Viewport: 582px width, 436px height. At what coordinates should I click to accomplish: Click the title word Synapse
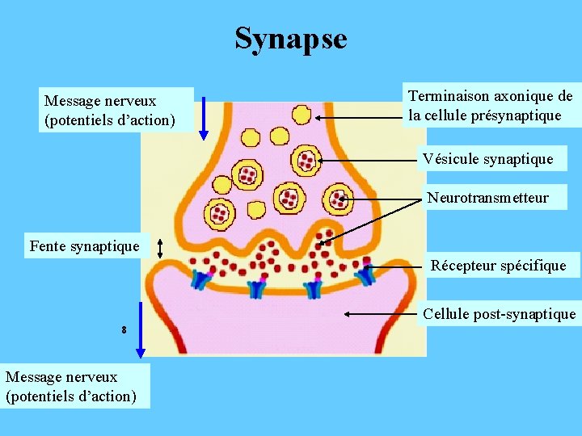291,38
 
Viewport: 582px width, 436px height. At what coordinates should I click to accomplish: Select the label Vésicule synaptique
487,159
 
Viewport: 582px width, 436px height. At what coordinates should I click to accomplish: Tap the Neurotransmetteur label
487,198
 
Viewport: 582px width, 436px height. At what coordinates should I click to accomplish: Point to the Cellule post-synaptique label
499,314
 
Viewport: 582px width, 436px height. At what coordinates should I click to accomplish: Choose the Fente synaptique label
84,245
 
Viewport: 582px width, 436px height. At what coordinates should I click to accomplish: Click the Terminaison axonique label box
490,106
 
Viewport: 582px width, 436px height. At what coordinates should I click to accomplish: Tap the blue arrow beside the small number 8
141,329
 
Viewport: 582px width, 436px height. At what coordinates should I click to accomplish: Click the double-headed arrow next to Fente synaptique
160,248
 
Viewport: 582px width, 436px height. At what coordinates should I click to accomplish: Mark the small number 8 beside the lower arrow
124,329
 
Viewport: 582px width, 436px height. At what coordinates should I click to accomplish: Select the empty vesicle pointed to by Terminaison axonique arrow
302,115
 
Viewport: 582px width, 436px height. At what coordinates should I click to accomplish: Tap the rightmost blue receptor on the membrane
367,275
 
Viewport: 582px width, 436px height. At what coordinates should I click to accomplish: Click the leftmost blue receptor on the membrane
200,279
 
